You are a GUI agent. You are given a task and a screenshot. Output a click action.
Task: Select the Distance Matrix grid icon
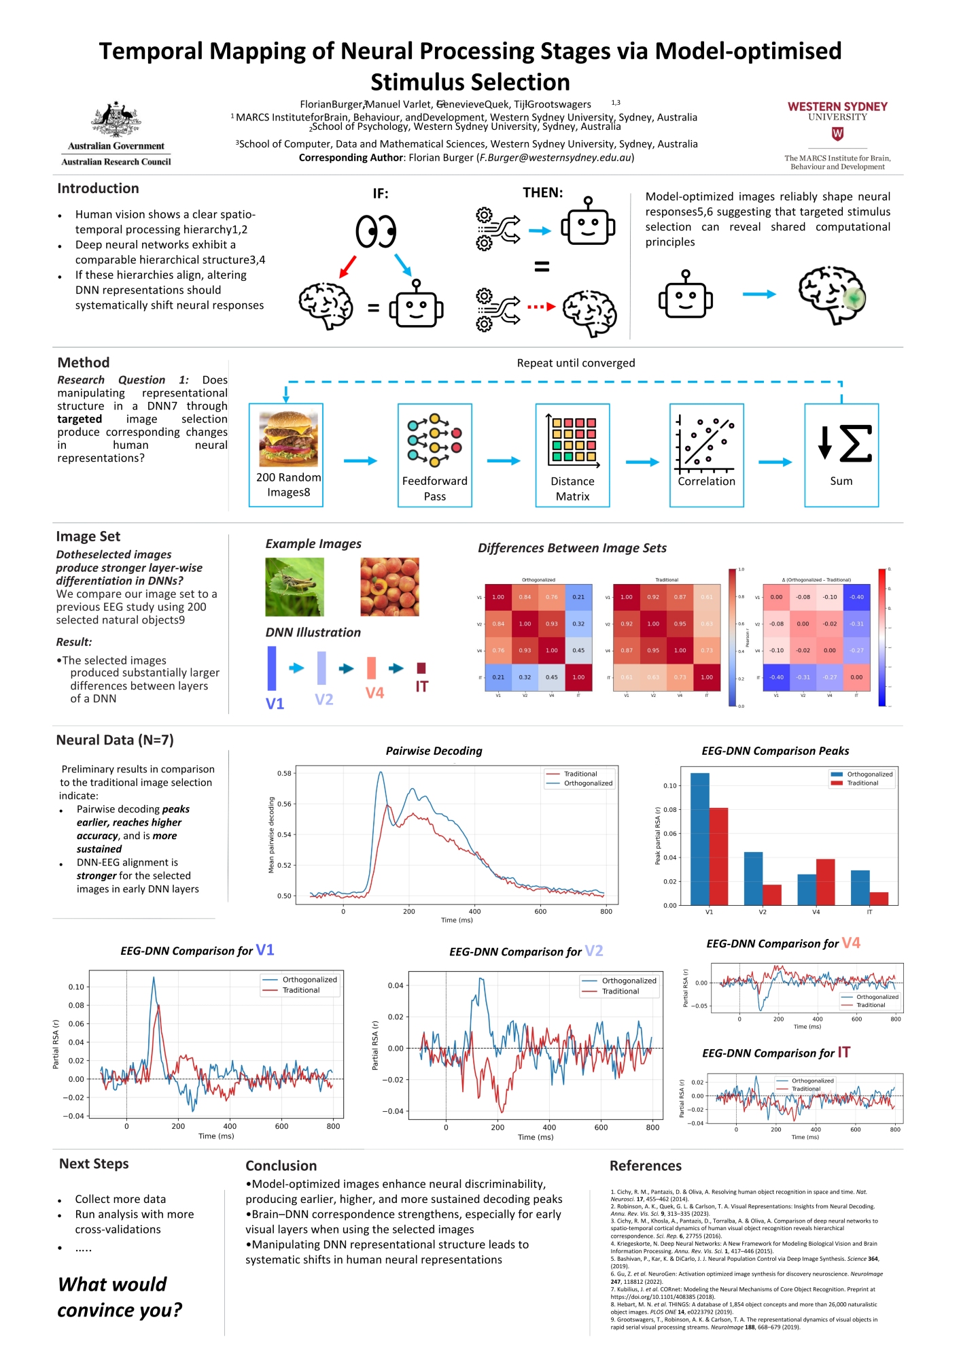(573, 441)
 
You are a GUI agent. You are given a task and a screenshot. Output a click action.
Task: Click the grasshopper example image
(294, 586)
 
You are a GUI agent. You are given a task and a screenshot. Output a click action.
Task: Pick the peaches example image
(389, 586)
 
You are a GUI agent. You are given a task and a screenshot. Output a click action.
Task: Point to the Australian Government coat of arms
(116, 120)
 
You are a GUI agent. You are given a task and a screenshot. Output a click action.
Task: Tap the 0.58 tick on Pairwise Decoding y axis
(284, 773)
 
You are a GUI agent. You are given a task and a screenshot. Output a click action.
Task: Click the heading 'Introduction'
(98, 188)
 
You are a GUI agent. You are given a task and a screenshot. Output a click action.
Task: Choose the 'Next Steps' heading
(94, 1163)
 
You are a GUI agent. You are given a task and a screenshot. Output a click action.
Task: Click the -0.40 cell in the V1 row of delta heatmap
(856, 597)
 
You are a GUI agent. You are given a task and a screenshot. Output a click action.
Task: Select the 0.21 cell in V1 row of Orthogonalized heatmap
(578, 597)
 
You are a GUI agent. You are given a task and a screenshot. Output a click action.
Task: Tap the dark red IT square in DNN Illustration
(421, 668)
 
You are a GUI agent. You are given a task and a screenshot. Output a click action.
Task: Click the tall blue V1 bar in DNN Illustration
(272, 668)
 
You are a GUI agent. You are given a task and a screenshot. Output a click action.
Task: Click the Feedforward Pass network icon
(434, 440)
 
